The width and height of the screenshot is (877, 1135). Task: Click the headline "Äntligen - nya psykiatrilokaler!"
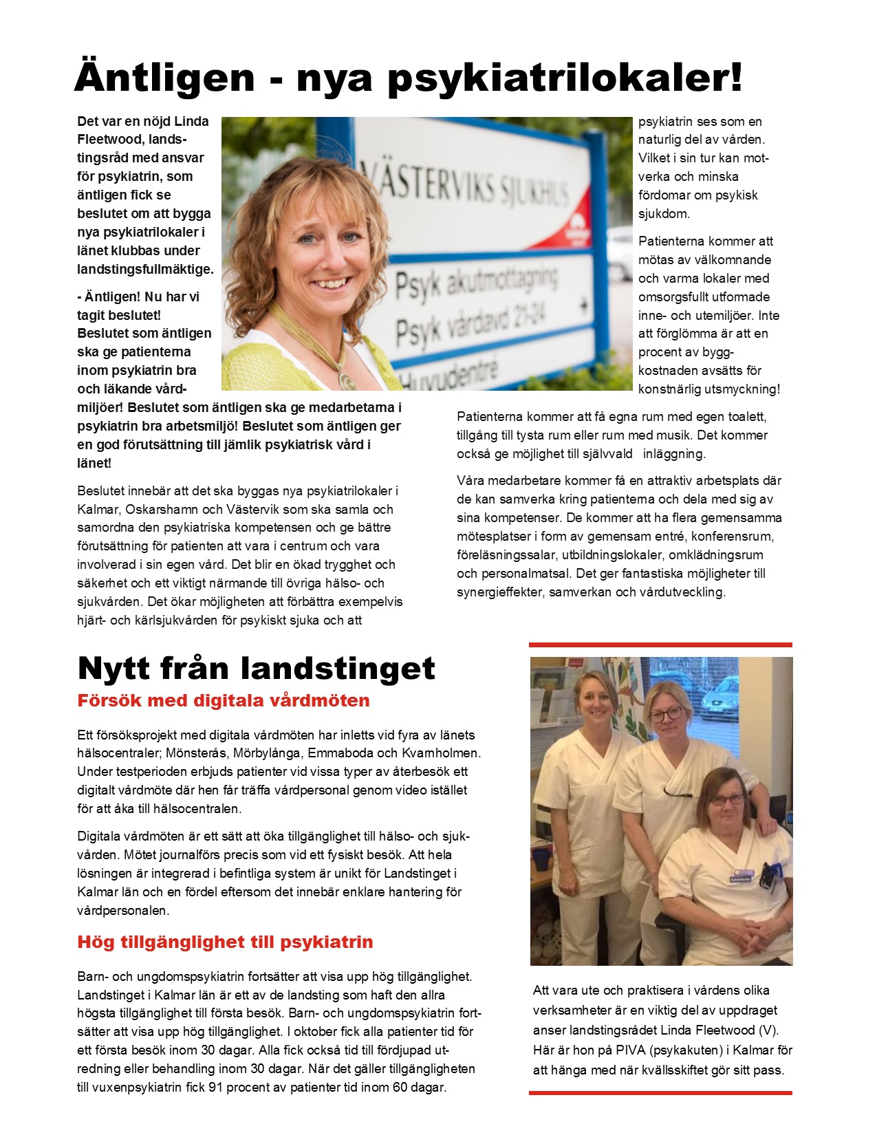pos(409,77)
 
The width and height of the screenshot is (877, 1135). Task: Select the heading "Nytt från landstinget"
pos(256,668)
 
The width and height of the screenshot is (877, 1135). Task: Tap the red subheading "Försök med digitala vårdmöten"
pos(224,701)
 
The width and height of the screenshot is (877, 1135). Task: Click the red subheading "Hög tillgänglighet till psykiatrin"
pos(225,942)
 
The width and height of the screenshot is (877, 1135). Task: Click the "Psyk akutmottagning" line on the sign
pos(475,282)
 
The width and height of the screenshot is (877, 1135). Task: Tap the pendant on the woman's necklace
pos(346,380)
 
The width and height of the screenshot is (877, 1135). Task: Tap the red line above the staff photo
pos(660,645)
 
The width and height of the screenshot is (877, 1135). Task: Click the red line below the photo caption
pos(660,1092)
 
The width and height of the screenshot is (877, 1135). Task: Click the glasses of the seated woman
pos(728,799)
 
